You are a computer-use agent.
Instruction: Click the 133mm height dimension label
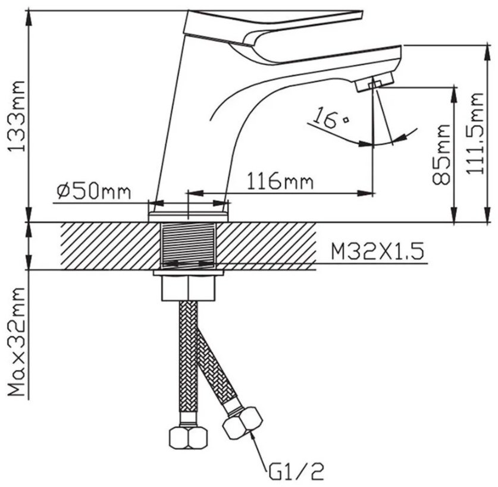[x=17, y=116]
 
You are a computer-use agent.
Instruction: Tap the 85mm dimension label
[x=441, y=154]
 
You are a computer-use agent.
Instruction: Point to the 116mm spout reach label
[x=280, y=181]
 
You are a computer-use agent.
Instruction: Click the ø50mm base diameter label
[x=93, y=191]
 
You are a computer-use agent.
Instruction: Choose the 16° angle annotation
[x=330, y=118]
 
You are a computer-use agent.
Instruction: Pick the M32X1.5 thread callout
[x=377, y=252]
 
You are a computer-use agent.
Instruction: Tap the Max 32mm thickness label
[x=17, y=341]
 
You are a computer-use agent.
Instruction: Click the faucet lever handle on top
[x=273, y=27]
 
